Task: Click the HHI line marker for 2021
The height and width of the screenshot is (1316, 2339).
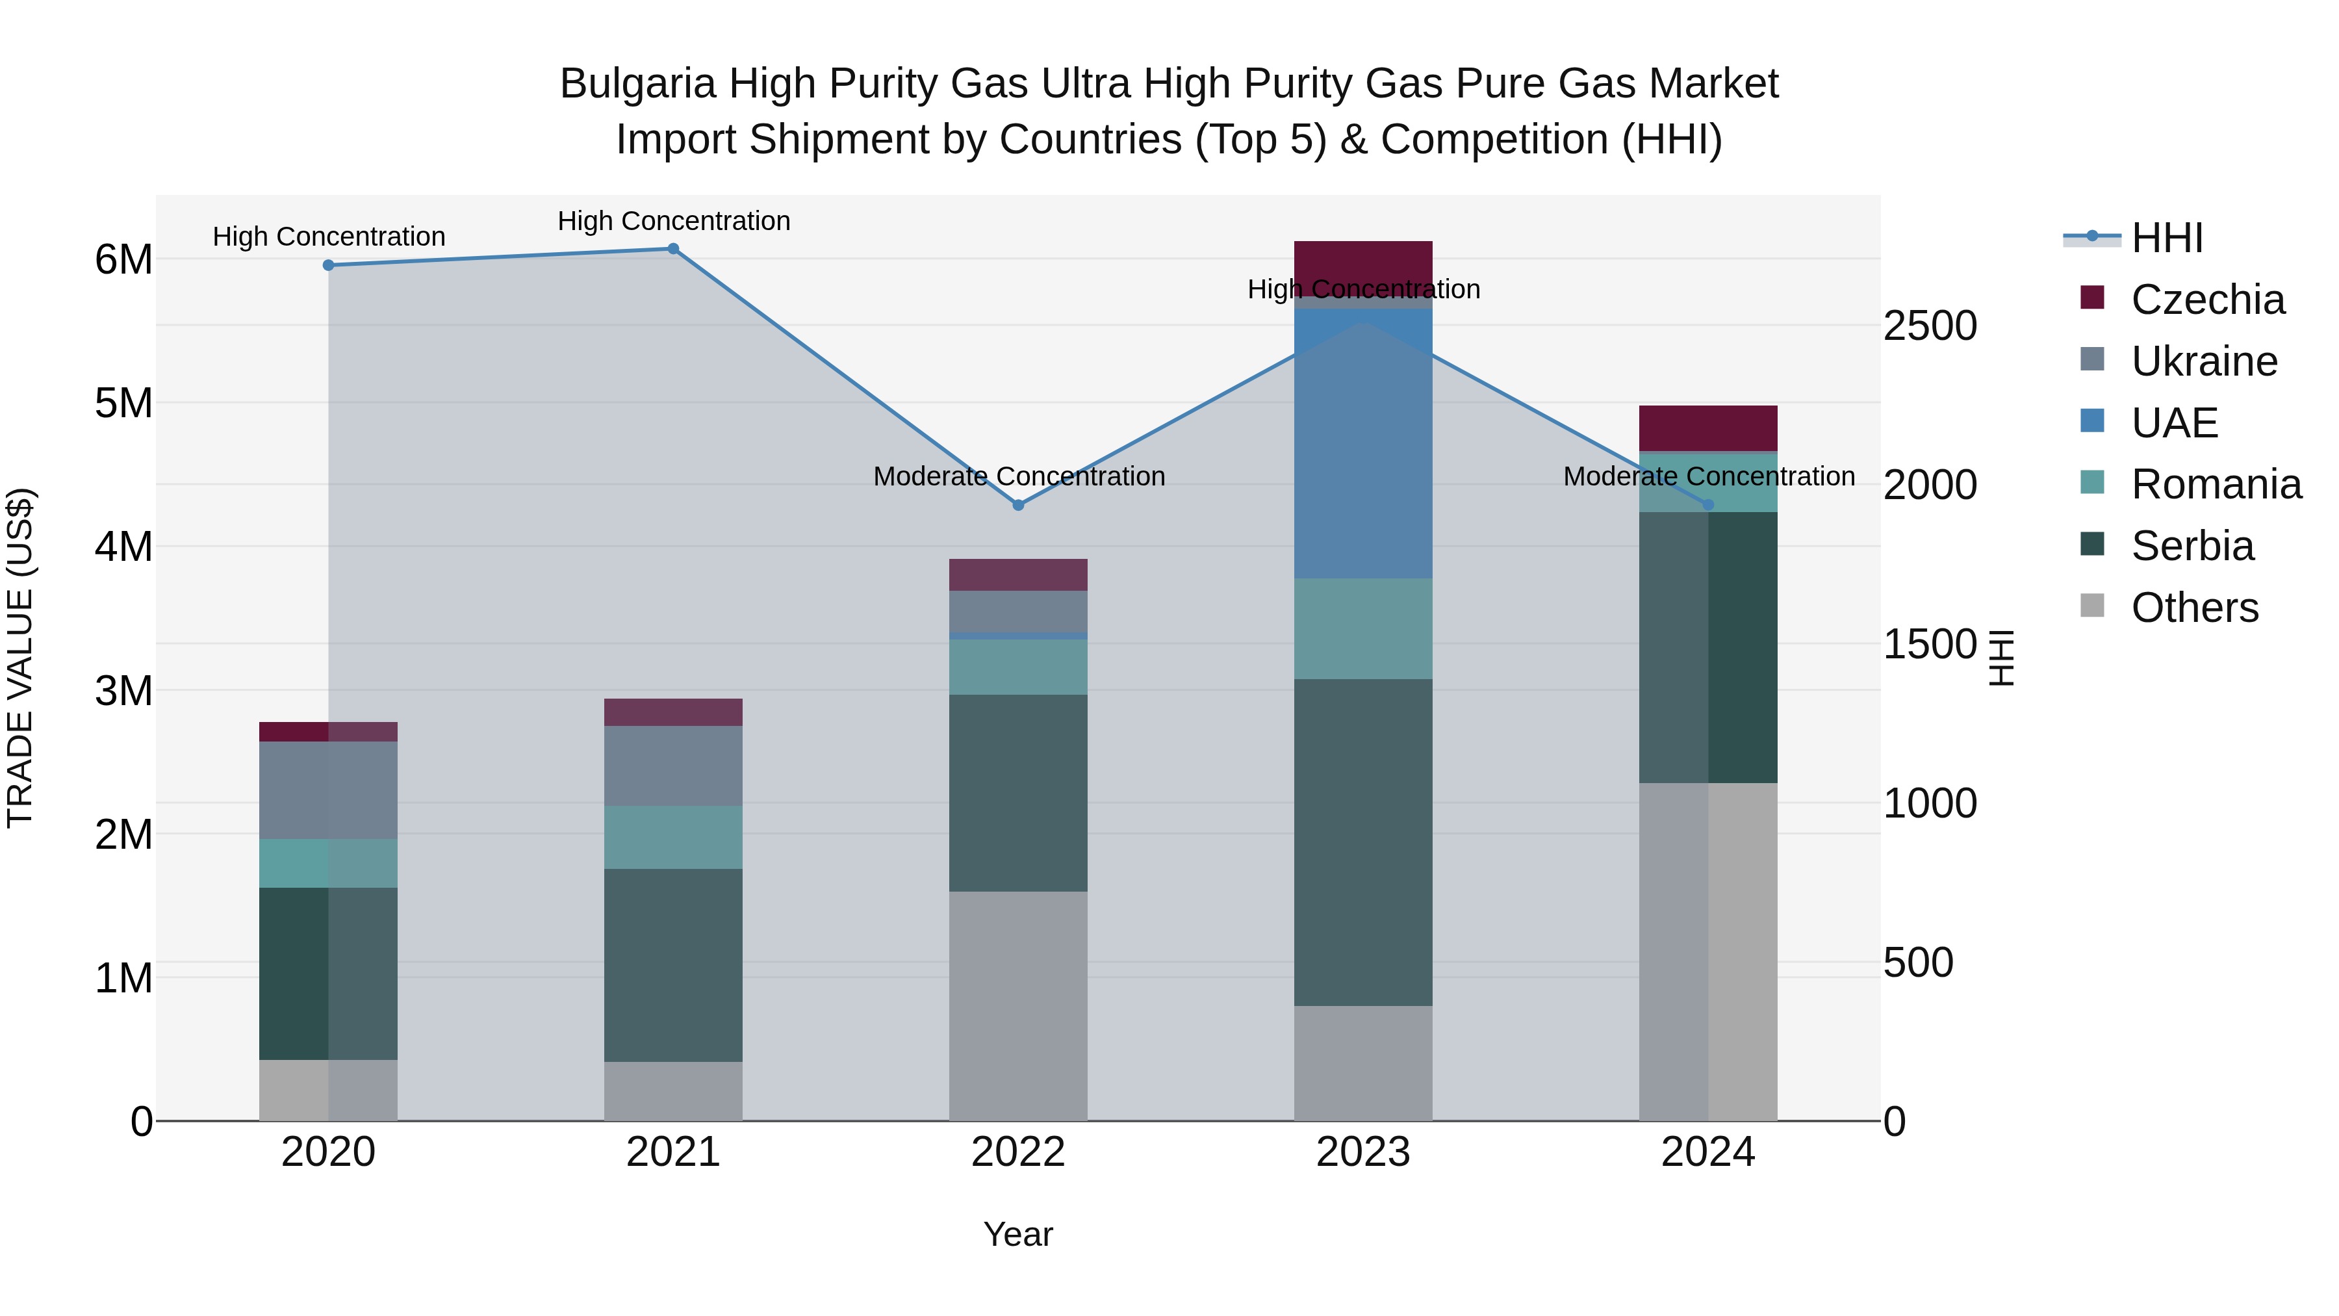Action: (673, 249)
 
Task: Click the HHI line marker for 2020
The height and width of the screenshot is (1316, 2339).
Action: (329, 265)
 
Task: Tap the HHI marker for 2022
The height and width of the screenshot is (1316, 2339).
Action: (1018, 505)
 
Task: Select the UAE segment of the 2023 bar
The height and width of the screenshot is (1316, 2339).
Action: (1363, 445)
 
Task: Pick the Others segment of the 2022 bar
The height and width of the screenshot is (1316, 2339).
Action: (1018, 1005)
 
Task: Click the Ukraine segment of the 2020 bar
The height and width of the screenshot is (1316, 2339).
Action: (329, 790)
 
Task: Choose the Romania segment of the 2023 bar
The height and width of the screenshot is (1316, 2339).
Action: (1363, 628)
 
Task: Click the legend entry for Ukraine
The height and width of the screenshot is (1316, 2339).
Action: (2204, 361)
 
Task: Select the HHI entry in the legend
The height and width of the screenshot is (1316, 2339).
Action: (2166, 238)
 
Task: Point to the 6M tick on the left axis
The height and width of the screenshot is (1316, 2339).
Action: (123, 260)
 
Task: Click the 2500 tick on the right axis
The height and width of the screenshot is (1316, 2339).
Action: (1930, 326)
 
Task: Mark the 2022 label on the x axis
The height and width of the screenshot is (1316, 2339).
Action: (1018, 1152)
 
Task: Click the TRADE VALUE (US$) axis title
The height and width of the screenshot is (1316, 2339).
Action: (21, 658)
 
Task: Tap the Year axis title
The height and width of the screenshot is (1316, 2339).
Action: (1018, 1234)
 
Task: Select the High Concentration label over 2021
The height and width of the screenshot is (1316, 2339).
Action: (674, 221)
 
